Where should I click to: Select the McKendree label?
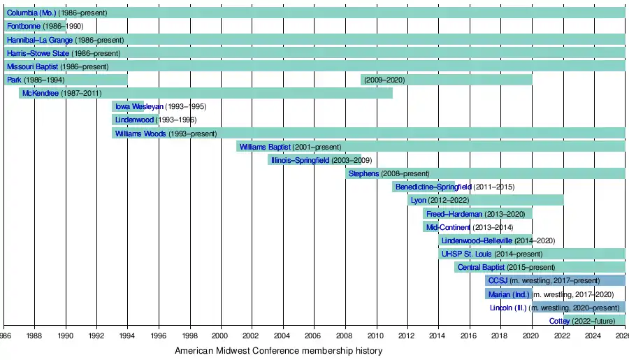point(41,93)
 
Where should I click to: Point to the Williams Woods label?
point(140,134)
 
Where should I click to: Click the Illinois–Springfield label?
point(300,160)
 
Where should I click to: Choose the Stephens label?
point(363,173)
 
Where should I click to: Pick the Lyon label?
point(419,201)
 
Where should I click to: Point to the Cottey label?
point(560,321)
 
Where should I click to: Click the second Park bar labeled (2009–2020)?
point(446,80)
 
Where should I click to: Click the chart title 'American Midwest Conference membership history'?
point(278,351)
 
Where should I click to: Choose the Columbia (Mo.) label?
point(31,13)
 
